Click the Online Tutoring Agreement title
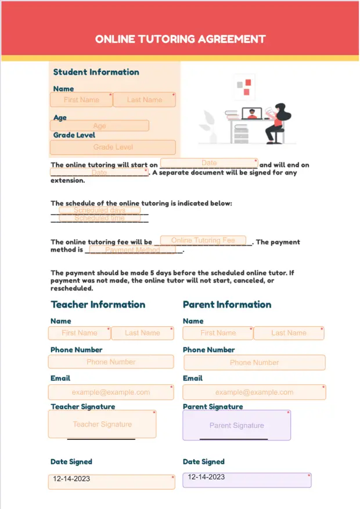click(180, 39)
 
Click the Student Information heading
click(96, 73)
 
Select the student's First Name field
click(81, 100)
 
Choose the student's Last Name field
click(144, 100)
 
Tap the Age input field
click(100, 126)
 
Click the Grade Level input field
click(113, 147)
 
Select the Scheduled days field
click(99, 210)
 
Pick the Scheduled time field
click(99, 218)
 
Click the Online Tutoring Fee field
click(203, 240)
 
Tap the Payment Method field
click(132, 250)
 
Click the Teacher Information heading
click(98, 305)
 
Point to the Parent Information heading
click(227, 305)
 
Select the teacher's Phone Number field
click(111, 362)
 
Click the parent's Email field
click(254, 392)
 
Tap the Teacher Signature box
click(102, 424)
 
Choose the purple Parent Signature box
click(236, 425)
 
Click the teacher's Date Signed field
click(111, 482)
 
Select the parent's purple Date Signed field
click(247, 480)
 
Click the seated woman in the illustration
click(276, 122)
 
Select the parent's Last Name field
click(289, 333)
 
